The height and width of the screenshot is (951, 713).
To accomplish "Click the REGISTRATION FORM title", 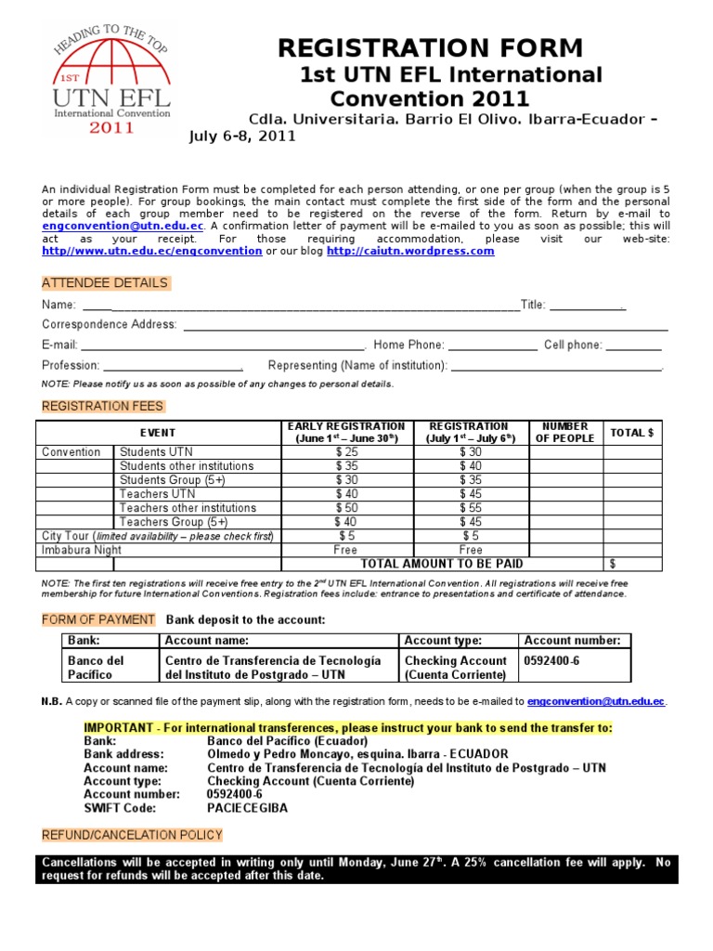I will click(x=431, y=47).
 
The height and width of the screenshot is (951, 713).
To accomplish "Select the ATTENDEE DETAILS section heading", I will click(x=105, y=283).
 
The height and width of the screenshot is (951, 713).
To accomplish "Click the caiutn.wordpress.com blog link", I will click(x=410, y=252).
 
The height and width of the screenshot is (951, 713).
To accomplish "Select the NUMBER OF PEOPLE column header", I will click(x=565, y=433).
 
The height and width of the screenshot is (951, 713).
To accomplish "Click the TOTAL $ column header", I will click(x=631, y=433).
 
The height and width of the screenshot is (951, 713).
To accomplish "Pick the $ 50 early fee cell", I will click(x=345, y=508).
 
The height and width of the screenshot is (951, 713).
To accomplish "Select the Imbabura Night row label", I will click(x=82, y=550).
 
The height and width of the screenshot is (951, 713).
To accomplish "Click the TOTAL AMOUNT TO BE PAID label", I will click(x=441, y=564).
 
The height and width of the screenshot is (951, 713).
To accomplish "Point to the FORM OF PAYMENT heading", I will click(x=98, y=620).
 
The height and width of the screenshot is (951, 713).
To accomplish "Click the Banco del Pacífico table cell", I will click(x=97, y=668).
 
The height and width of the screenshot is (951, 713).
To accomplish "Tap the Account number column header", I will click(x=572, y=641).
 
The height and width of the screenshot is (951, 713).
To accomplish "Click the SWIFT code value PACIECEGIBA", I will click(x=247, y=808).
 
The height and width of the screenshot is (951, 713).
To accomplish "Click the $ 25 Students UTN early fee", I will click(x=345, y=452).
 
